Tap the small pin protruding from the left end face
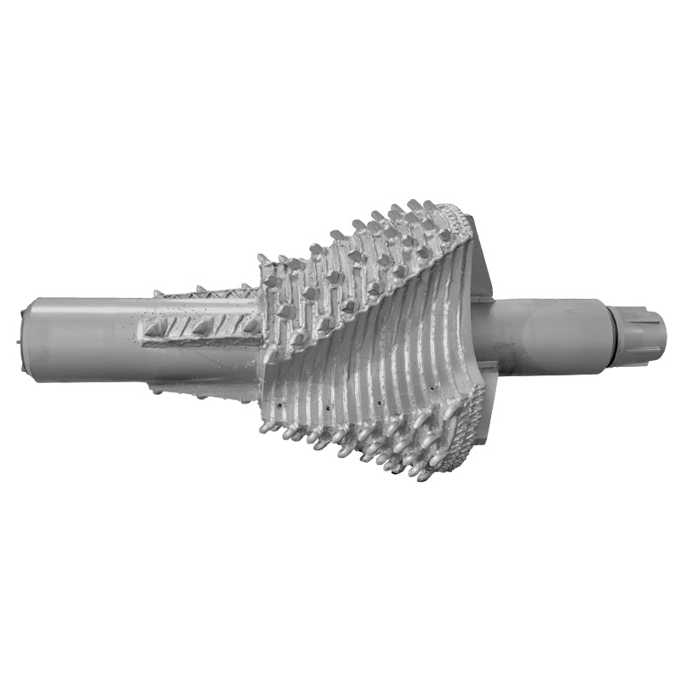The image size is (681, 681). (19, 342)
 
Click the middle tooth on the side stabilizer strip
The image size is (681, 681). (203, 326)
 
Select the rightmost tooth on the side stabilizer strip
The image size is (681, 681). (248, 324)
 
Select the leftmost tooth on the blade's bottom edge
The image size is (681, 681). (266, 426)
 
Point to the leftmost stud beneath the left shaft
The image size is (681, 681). (156, 390)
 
